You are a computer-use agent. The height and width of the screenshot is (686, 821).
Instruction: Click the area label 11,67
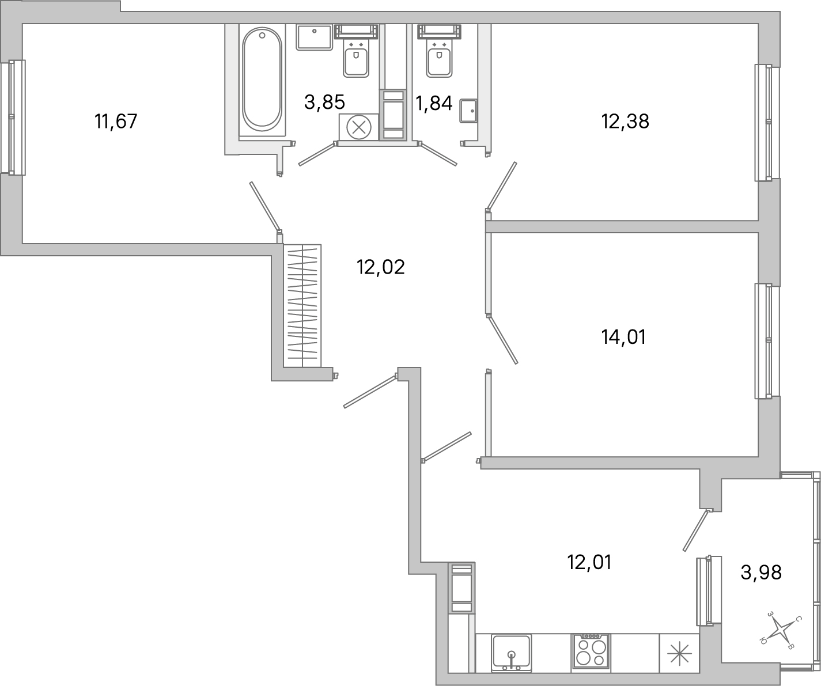(116, 122)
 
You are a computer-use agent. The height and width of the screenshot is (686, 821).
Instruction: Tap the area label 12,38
(625, 122)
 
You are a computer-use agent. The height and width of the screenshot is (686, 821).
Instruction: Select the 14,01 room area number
(623, 337)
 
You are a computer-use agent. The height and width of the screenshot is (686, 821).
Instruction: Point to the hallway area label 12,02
(380, 267)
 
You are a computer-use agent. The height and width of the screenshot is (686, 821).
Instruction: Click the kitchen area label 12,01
(589, 562)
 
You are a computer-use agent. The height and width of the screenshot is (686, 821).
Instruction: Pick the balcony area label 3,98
(761, 573)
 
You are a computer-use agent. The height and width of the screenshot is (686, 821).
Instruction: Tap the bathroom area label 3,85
(324, 103)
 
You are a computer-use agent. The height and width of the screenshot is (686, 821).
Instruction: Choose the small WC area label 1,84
(434, 105)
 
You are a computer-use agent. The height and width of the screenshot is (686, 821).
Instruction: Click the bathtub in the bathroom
(262, 81)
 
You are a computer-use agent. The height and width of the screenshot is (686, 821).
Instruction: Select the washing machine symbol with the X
(358, 127)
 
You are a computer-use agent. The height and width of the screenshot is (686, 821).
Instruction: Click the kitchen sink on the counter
(511, 652)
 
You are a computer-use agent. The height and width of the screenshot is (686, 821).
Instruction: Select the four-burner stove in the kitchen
(591, 652)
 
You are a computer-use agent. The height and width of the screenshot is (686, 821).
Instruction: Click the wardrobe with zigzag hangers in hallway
(302, 305)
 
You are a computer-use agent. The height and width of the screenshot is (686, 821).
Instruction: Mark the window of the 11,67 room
(13, 117)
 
